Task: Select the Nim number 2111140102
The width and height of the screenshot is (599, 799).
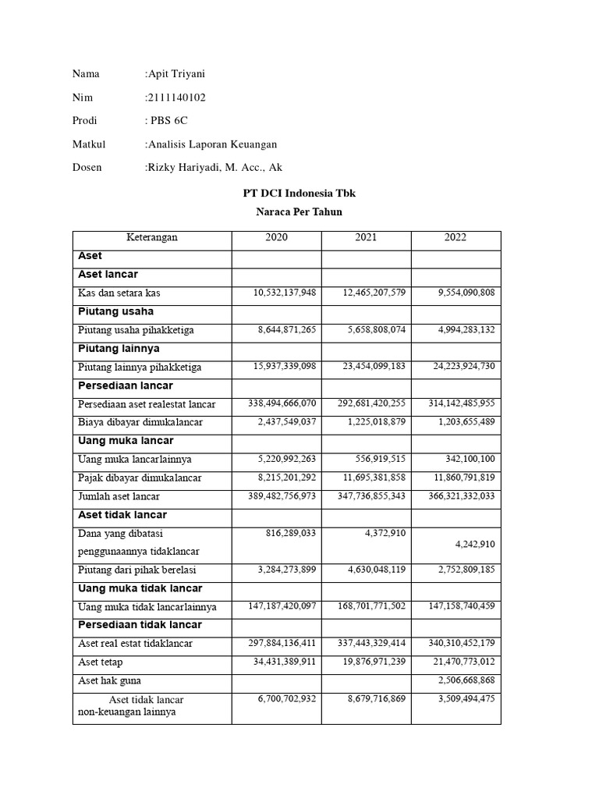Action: (x=176, y=98)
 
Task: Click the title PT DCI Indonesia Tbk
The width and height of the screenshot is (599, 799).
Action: (x=299, y=194)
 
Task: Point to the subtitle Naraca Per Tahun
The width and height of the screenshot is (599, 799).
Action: (x=299, y=212)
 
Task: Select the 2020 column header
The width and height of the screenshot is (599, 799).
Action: (x=276, y=238)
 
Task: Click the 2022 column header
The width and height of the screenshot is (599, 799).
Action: (x=455, y=238)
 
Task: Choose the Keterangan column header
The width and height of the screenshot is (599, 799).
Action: (x=152, y=238)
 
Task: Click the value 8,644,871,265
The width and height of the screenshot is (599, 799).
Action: (x=287, y=330)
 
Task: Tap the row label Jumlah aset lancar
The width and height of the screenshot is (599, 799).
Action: (x=119, y=497)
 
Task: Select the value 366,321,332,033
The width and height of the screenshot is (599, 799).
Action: (x=461, y=496)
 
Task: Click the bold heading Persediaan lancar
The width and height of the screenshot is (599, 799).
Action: (x=126, y=386)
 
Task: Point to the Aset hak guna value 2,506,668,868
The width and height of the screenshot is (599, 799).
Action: (x=467, y=680)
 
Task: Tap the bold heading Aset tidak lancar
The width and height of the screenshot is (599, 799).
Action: (x=122, y=515)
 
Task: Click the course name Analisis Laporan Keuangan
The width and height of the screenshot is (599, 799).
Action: (x=211, y=144)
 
